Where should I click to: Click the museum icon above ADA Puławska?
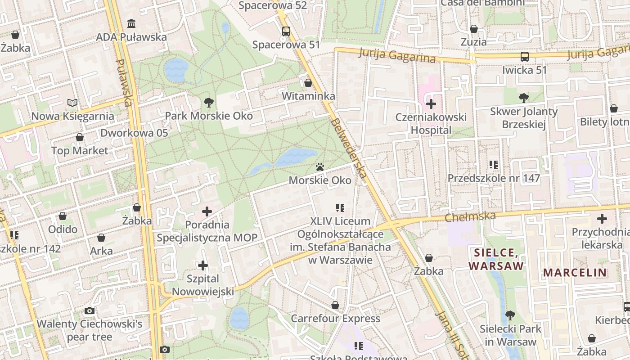131,23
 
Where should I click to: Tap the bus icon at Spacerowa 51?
286,31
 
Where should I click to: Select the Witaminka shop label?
308,96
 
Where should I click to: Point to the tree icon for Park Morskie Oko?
208,103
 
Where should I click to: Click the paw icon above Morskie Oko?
320,167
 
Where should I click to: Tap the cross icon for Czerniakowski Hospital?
431,104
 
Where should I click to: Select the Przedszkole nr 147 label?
494,178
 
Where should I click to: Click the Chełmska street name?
470,217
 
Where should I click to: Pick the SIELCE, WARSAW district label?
496,259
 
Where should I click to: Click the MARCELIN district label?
575,272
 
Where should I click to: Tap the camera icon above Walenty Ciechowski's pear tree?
90,310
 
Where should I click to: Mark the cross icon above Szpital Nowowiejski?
203,265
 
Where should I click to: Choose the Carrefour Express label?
335,319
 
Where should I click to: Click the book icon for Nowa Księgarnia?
72,103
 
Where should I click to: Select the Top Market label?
80,151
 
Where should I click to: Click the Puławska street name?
124,83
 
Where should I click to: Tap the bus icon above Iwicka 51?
525,57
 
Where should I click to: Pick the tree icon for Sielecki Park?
510,315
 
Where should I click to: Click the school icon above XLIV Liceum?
340,208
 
